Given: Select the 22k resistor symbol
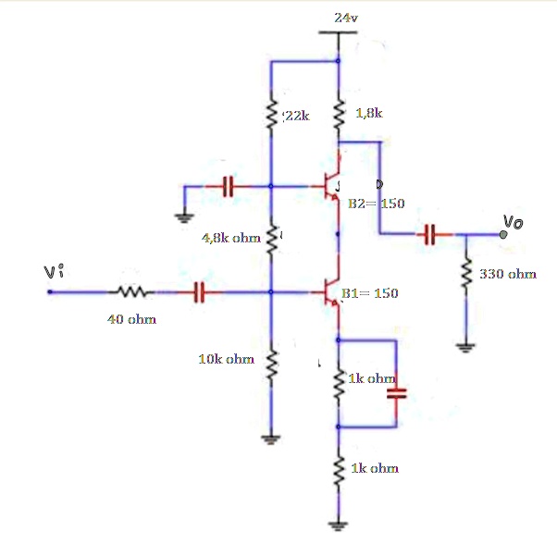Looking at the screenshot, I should (270, 116).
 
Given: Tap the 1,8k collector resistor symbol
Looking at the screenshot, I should (339, 115).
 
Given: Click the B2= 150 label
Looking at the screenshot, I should (377, 203).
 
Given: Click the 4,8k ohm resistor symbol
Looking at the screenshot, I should (270, 240).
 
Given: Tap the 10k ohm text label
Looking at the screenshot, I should (226, 358).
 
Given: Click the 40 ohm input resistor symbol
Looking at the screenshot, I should (129, 293).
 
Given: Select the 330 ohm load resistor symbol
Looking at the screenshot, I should (467, 273).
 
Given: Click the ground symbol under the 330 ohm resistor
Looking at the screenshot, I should (467, 348).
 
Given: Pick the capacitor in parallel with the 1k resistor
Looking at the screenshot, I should (397, 393).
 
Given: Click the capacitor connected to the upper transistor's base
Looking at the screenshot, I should (228, 186).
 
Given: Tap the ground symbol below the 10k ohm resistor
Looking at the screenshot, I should (270, 439).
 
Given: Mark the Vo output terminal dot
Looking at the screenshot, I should (502, 235).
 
